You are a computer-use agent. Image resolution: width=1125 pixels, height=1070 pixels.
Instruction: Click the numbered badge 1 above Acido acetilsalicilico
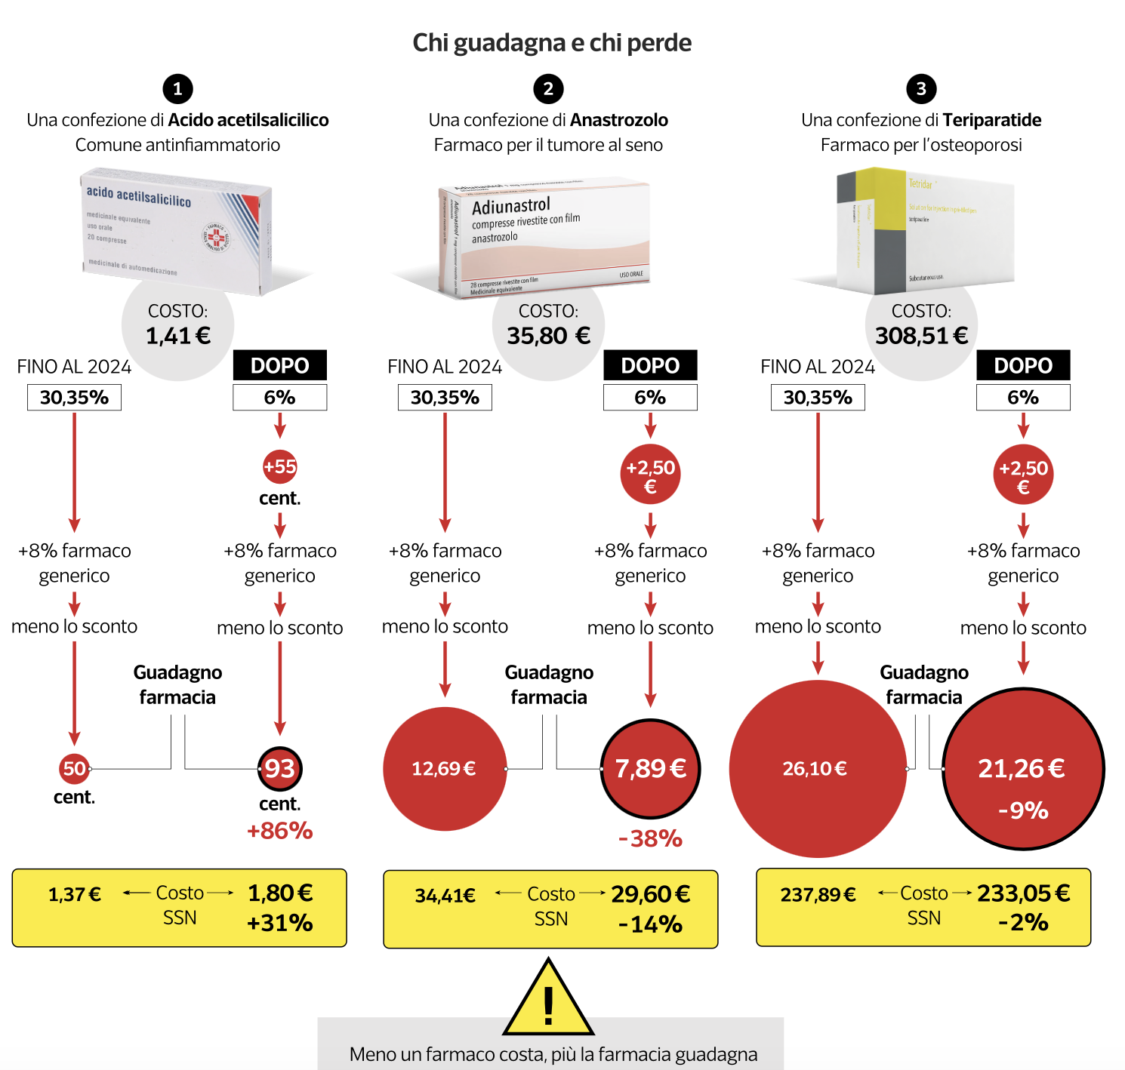click(177, 89)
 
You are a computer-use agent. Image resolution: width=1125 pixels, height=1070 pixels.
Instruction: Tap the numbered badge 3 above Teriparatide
click(921, 89)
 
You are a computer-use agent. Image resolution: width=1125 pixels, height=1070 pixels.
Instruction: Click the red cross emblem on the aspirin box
click(216, 237)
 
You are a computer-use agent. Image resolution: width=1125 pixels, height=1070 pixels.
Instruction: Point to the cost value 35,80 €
click(548, 336)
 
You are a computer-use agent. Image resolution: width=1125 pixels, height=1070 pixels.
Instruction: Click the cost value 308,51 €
click(921, 336)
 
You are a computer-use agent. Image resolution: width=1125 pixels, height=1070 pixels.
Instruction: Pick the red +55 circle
click(279, 467)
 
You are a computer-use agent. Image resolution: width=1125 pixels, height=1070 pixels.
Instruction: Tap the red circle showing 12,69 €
click(445, 769)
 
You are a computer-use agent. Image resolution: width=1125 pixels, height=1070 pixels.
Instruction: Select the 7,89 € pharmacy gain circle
click(650, 769)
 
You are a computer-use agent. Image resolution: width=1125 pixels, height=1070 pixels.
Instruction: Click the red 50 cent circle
click(74, 769)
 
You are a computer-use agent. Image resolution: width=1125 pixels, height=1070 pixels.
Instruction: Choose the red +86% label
click(279, 831)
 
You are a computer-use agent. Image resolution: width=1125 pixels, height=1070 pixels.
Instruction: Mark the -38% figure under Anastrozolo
click(650, 838)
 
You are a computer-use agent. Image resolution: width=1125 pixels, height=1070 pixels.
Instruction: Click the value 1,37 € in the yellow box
click(74, 895)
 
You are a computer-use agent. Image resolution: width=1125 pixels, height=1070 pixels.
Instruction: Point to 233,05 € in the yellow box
click(1023, 893)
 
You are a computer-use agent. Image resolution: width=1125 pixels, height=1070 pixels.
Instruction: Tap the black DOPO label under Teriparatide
click(1023, 365)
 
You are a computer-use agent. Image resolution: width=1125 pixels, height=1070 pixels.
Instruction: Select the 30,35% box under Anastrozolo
click(445, 398)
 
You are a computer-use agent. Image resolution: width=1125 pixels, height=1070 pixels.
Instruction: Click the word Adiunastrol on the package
click(511, 205)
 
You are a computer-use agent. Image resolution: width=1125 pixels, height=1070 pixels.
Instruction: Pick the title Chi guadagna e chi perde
click(552, 43)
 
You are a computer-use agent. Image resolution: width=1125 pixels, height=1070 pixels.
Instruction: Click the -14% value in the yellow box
click(650, 924)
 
